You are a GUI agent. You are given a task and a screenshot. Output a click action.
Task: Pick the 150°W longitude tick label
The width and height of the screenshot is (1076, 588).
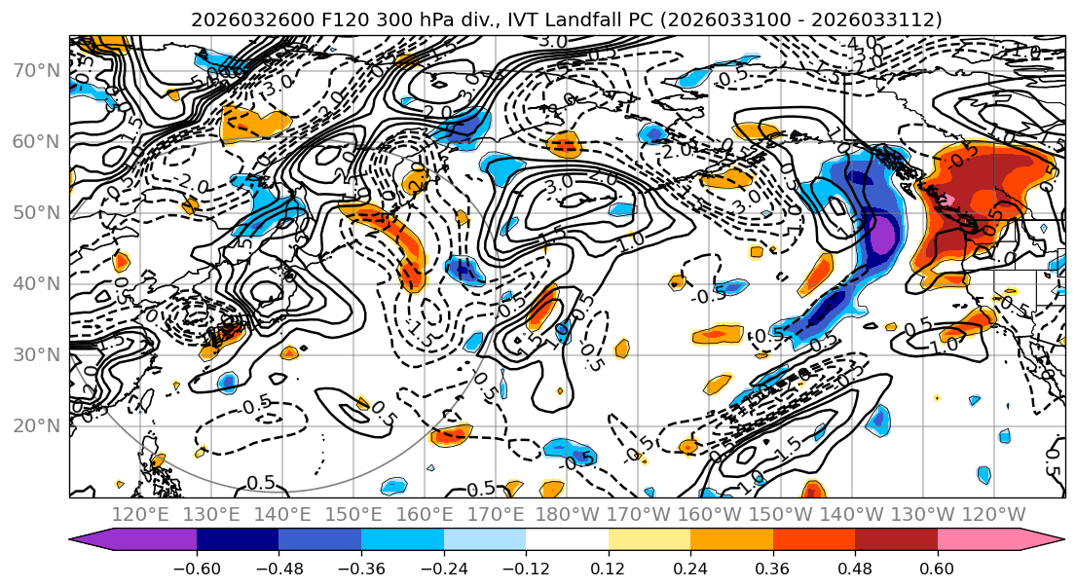pyautogui.click(x=780, y=514)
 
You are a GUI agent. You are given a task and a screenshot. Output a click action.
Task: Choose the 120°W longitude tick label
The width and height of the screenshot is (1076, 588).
pyautogui.click(x=993, y=514)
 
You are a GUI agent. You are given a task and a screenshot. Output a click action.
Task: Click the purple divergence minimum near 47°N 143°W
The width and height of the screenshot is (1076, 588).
pyautogui.click(x=881, y=236)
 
